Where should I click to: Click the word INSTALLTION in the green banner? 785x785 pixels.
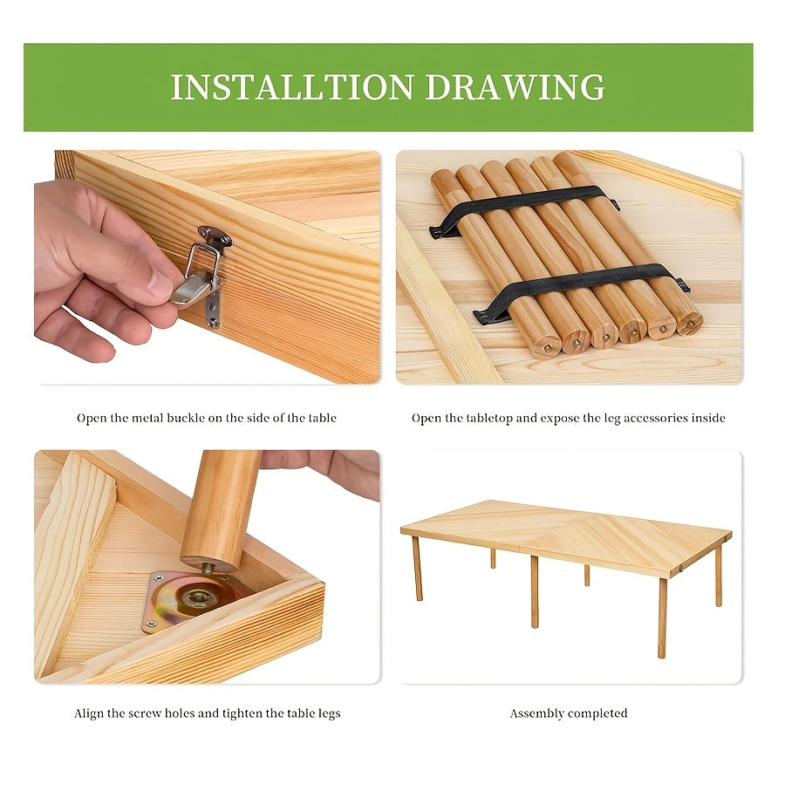click(292, 87)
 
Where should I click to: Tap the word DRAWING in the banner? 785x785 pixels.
click(515, 87)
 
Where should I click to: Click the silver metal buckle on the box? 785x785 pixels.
click(202, 276)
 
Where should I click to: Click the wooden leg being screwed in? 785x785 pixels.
click(221, 510)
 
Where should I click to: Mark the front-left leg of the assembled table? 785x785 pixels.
click(418, 568)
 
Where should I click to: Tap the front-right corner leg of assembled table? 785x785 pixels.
click(662, 618)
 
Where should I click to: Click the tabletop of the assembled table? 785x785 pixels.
click(566, 536)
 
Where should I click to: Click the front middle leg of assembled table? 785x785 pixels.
click(534, 591)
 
